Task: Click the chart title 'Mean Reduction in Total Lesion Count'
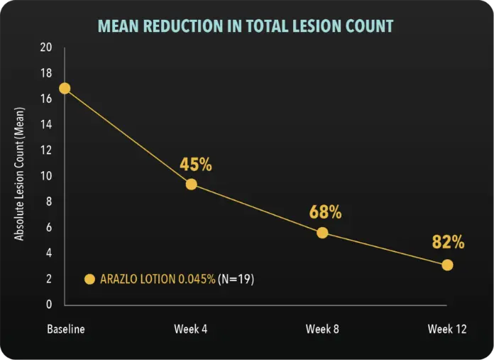tap(245, 27)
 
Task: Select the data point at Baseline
tap(65, 88)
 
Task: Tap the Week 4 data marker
tap(191, 184)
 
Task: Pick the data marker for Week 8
tap(323, 232)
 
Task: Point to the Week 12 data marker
tap(447, 265)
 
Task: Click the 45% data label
tap(196, 165)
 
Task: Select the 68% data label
tap(326, 212)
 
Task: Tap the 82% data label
tap(448, 242)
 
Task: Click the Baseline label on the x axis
tap(65, 329)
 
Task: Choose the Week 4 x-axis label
tap(191, 329)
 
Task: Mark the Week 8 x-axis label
tap(323, 329)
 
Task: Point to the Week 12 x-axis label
tap(446, 329)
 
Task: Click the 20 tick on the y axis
tap(46, 48)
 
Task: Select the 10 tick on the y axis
tap(46, 176)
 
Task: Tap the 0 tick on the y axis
tap(49, 305)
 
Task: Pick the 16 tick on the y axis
tap(46, 99)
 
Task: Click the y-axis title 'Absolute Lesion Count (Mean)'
tap(20, 174)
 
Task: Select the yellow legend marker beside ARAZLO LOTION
tap(89, 279)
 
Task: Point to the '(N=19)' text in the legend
tap(236, 279)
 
